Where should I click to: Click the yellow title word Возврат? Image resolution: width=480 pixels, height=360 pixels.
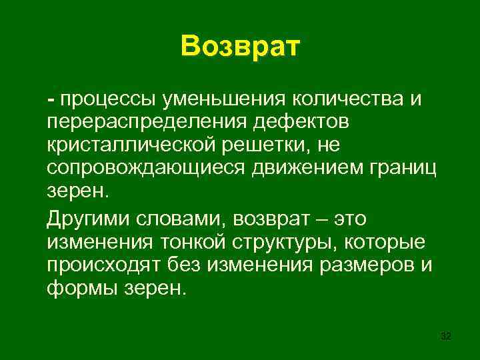click(240, 47)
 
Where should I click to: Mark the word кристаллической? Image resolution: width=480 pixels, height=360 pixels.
click(131, 144)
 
